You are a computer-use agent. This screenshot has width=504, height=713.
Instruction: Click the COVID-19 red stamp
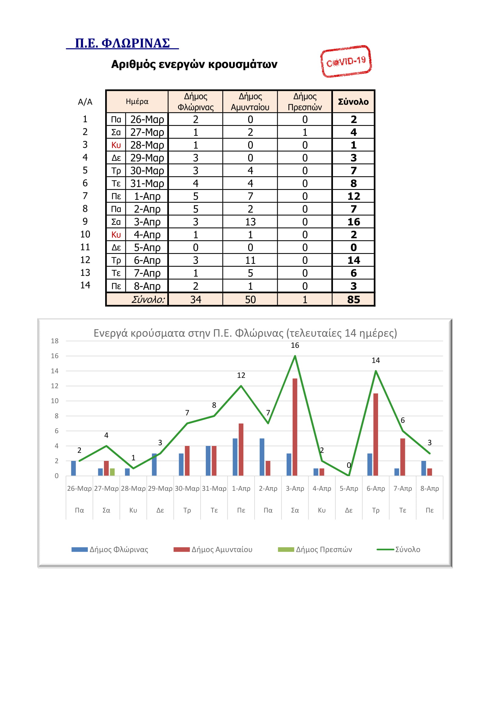346,61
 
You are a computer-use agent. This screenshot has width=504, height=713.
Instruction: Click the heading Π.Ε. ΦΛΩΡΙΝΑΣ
122,43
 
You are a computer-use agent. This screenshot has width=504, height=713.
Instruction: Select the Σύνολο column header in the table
353,102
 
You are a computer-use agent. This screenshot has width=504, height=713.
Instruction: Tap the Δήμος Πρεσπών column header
305,102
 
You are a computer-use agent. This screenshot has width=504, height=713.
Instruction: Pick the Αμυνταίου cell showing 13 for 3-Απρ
250,222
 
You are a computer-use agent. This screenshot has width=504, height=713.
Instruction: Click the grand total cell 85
353,299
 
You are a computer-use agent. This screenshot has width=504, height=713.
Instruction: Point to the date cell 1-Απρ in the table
147,196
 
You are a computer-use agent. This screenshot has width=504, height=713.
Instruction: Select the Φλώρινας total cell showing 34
196,299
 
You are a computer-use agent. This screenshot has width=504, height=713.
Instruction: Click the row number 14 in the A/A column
85,285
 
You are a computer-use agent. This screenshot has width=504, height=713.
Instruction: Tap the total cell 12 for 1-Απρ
353,196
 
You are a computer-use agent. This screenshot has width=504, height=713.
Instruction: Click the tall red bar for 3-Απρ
295,427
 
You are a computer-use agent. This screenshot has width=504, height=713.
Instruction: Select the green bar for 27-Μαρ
113,472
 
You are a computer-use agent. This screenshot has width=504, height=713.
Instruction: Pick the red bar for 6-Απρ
376,434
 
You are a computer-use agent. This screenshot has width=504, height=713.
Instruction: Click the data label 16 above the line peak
295,345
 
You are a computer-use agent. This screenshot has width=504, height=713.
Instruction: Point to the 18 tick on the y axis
55,341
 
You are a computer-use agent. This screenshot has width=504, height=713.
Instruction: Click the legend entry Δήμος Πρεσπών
315,549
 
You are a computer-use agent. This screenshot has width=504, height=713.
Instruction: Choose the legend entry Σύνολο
399,549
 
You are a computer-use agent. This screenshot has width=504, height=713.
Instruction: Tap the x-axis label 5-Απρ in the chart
349,488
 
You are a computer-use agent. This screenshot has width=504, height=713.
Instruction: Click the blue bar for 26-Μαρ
73,468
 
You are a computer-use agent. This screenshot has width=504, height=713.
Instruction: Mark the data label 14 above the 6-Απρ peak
376,360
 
